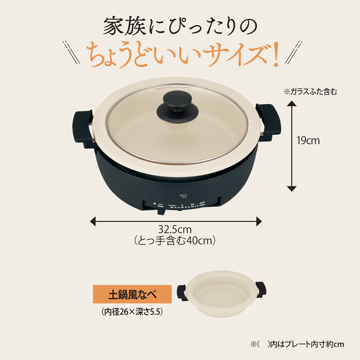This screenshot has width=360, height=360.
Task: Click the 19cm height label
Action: [309, 142]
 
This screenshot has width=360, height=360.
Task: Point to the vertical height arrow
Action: [292, 146]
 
